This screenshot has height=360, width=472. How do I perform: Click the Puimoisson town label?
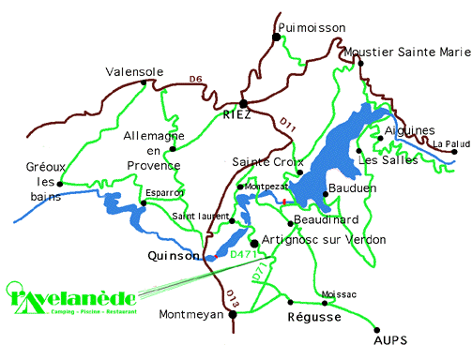pyautogui.click(x=312, y=28)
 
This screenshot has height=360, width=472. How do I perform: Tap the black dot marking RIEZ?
pyautogui.click(x=243, y=103)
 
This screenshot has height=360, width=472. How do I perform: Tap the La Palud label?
pyautogui.click(x=450, y=143)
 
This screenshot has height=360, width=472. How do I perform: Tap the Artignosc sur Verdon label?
pyautogui.click(x=311, y=240)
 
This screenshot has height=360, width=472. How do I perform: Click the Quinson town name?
pyautogui.click(x=174, y=255)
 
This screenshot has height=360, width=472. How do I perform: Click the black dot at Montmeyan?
pyautogui.click(x=234, y=314)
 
